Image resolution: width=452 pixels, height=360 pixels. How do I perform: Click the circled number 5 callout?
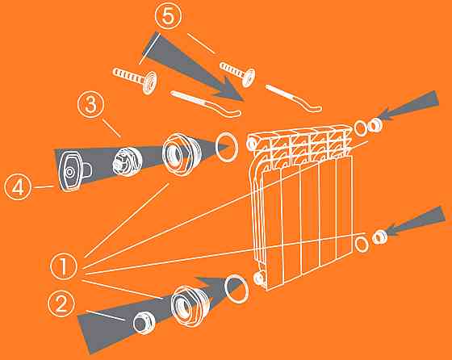[x=169, y=16]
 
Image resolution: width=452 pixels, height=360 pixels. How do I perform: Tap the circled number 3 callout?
[x=91, y=104]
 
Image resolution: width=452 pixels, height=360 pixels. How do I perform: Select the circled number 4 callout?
[x=18, y=187]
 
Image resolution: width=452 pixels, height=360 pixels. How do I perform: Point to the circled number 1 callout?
[x=64, y=266]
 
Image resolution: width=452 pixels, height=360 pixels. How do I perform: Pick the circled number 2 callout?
[x=61, y=303]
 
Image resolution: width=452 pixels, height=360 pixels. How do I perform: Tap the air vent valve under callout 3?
[x=128, y=161]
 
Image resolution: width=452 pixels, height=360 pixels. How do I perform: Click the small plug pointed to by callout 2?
[x=144, y=323]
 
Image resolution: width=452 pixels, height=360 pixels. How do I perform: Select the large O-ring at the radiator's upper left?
[x=216, y=147]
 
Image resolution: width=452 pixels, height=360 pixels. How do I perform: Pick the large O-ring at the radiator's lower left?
[x=225, y=289]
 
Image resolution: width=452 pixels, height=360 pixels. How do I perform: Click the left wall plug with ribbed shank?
[x=136, y=78]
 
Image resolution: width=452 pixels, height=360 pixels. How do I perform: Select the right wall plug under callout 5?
[x=238, y=73]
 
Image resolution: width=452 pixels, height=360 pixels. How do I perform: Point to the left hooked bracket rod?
[x=206, y=103]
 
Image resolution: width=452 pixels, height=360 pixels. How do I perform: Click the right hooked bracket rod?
[x=293, y=98]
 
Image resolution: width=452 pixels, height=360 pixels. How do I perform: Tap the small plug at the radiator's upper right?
[x=375, y=125]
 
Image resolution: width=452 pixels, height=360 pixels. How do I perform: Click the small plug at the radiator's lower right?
[x=379, y=237]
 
